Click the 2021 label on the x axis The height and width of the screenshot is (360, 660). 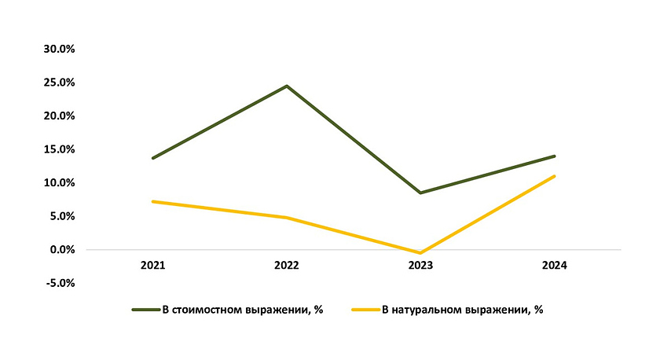point(152,266)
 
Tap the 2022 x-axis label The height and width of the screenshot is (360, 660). point(287,266)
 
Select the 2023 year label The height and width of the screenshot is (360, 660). point(420,266)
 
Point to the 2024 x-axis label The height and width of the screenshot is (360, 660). point(555,266)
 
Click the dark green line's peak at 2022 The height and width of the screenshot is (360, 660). point(287,86)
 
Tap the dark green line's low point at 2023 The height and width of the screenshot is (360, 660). point(420,193)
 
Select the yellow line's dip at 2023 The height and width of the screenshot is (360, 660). point(420,253)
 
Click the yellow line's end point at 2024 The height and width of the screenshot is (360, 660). point(555,176)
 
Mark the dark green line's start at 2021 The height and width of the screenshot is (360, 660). point(152,158)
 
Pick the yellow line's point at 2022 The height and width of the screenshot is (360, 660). point(287,218)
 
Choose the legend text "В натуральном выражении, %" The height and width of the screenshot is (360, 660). point(463,310)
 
